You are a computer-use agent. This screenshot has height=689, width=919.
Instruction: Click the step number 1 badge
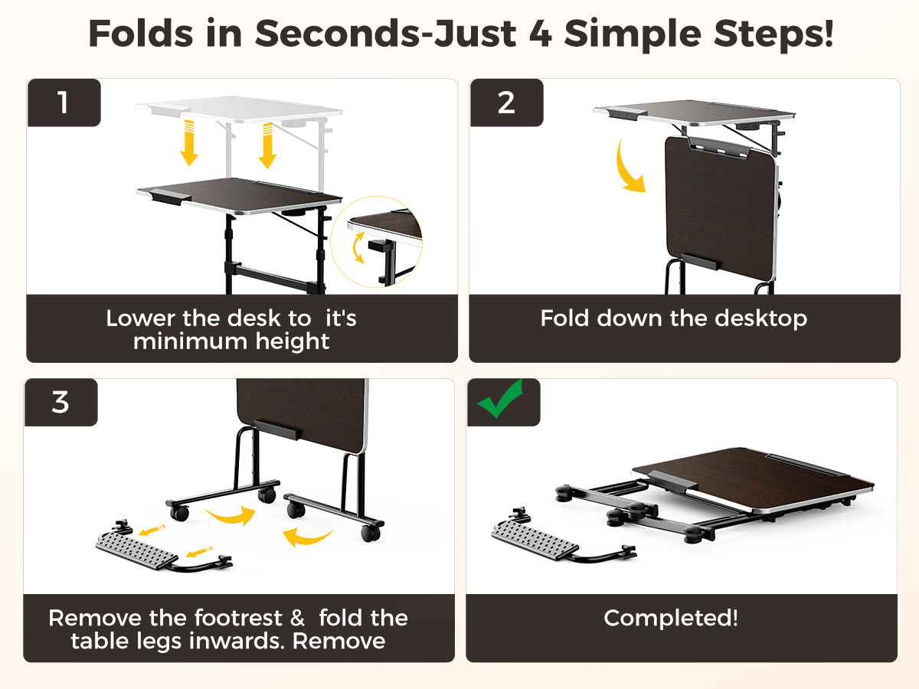[x=64, y=103]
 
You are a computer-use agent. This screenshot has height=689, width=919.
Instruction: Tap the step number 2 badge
[x=507, y=103]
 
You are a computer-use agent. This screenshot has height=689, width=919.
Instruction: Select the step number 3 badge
[x=61, y=403]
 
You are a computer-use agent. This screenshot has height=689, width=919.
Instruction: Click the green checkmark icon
[x=499, y=400]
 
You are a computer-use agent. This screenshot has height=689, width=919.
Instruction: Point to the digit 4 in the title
[x=540, y=34]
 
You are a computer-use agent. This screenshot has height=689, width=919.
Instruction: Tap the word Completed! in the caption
[x=671, y=618]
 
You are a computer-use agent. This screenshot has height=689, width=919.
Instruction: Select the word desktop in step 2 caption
[x=760, y=318]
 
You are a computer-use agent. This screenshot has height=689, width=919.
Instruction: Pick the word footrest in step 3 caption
[x=238, y=618]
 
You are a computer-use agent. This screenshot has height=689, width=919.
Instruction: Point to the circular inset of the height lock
[x=376, y=242]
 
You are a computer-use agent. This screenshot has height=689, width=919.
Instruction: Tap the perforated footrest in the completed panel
[x=535, y=539]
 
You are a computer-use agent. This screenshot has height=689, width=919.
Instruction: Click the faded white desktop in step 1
[x=239, y=109]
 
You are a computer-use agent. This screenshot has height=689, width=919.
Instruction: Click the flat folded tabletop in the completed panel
[x=754, y=480]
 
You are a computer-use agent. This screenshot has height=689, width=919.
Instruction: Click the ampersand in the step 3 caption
[x=297, y=618]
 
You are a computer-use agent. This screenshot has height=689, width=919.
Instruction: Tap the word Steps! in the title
[x=773, y=34]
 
